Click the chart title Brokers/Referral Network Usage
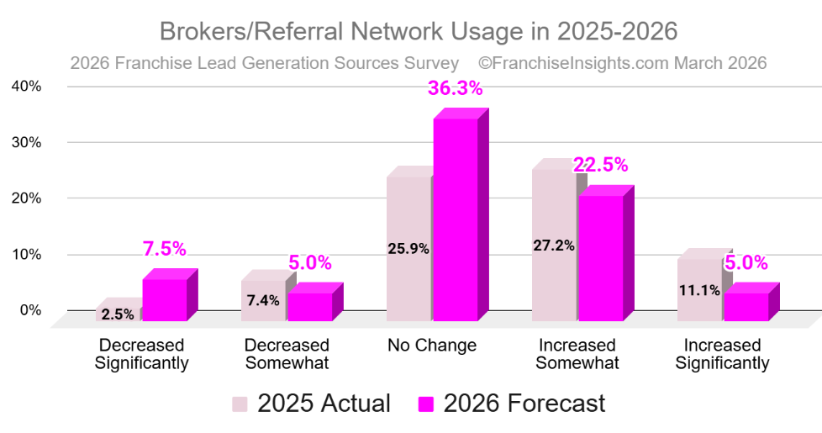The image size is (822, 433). click(x=418, y=31)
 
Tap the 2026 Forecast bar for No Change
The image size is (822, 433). click(x=455, y=219)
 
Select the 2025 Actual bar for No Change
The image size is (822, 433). click(x=408, y=248)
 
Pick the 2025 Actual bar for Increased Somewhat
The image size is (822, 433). click(x=554, y=245)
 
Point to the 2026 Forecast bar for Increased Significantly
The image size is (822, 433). click(x=746, y=306)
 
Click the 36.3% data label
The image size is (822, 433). click(x=455, y=88)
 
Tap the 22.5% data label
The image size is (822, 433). click(x=600, y=165)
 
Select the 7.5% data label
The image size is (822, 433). click(x=164, y=249)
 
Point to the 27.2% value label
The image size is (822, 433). click(x=554, y=246)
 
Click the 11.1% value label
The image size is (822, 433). click(x=699, y=291)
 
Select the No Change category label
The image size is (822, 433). click(x=432, y=346)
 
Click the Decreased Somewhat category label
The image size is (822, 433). click(x=287, y=354)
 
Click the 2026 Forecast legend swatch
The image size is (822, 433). click(x=425, y=404)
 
